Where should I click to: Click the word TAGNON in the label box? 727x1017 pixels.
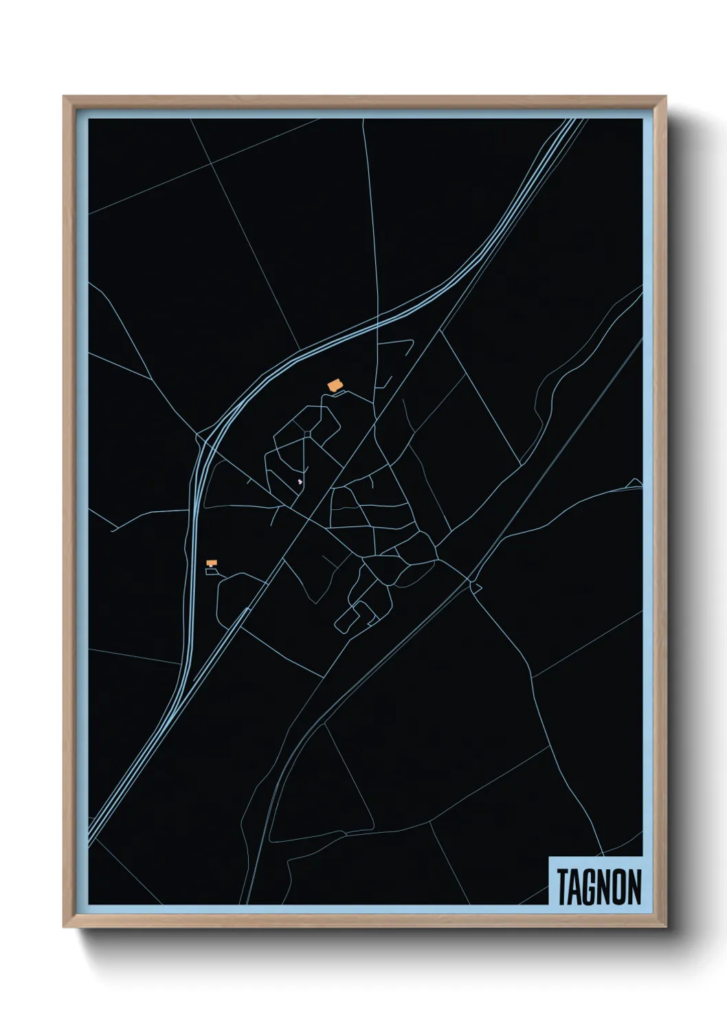pos(599,886)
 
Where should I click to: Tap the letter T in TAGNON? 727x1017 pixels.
pos(563,886)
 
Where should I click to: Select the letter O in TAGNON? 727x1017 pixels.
pos(620,886)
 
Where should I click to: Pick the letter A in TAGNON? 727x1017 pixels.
pos(576,886)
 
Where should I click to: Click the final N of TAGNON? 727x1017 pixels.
pos(634,886)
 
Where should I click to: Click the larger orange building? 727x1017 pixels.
pos(335,385)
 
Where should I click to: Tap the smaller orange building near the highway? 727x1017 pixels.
pos(212,563)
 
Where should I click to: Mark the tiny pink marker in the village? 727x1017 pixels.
pos(300,482)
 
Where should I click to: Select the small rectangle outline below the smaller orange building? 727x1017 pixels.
pos(211,571)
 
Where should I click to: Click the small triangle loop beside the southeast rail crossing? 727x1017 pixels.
pos(476,586)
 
